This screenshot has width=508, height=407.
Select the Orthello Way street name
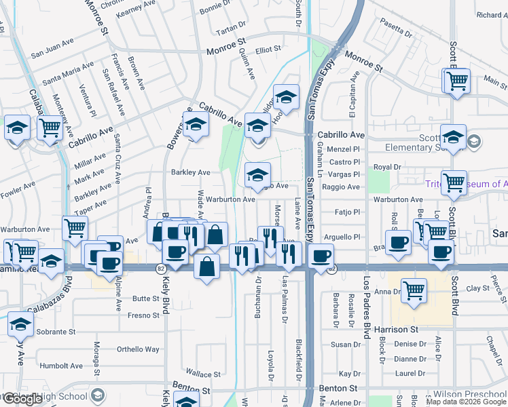point(139,349)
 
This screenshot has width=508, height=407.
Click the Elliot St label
point(268,50)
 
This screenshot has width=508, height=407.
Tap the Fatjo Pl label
point(347,212)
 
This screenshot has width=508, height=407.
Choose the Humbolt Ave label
point(60,366)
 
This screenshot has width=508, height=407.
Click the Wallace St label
point(202,374)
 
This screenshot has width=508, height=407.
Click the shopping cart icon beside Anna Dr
point(414,290)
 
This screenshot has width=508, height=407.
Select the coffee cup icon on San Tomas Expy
point(321,256)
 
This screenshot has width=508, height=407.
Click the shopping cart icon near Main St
point(458,81)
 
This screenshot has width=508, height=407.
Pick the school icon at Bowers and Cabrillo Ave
point(196,125)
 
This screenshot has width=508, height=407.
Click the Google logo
point(22,399)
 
